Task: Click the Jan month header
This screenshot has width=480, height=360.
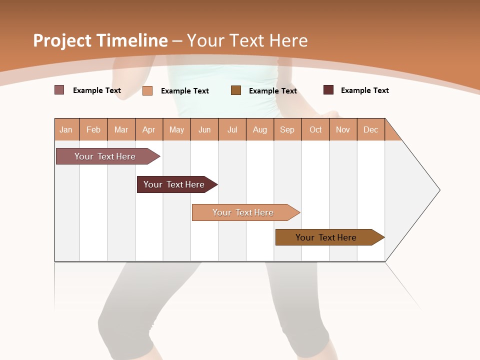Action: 66,129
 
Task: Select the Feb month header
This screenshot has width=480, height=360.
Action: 93,129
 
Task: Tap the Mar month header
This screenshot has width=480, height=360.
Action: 121,129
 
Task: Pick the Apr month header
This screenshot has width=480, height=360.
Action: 149,129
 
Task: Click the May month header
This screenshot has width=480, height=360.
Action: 176,129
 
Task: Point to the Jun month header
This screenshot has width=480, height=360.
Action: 204,129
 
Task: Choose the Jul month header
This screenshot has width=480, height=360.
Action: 232,129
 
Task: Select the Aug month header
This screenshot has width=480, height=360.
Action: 260,129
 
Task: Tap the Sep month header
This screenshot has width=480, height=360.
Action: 287,129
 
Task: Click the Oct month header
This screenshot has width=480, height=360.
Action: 315,129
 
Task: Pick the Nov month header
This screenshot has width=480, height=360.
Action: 343,129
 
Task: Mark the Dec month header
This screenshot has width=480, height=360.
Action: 371,129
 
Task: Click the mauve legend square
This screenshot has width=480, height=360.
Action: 59,90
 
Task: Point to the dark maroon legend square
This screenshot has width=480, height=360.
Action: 328,90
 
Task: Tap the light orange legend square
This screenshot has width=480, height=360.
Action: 147,90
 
